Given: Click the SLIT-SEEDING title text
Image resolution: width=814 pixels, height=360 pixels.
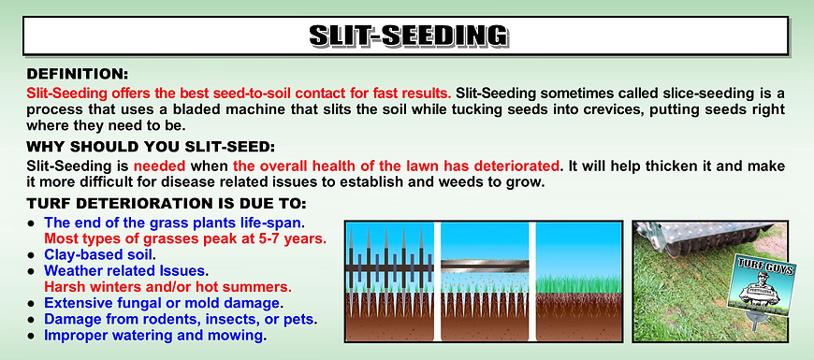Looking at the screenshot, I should [x=407, y=36].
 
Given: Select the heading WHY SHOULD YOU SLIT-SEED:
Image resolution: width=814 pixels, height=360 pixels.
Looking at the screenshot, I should [x=151, y=146].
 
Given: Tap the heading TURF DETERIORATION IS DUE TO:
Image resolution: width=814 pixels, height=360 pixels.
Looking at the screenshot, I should [x=166, y=204].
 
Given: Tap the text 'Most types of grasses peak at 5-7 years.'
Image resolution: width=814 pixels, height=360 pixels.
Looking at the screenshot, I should [x=185, y=238].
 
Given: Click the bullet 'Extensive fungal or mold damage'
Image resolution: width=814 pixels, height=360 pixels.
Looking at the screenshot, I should [x=162, y=303].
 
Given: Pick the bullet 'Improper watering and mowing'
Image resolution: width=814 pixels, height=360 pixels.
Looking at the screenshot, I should [x=154, y=336].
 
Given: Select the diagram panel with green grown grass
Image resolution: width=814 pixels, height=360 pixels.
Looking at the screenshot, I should [x=580, y=281].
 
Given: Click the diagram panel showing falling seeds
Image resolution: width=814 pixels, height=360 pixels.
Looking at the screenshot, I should [x=485, y=281].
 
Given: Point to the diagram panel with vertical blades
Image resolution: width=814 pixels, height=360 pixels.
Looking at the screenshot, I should [x=388, y=281].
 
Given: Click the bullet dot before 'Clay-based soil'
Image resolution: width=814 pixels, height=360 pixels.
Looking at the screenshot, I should [x=31, y=254].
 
